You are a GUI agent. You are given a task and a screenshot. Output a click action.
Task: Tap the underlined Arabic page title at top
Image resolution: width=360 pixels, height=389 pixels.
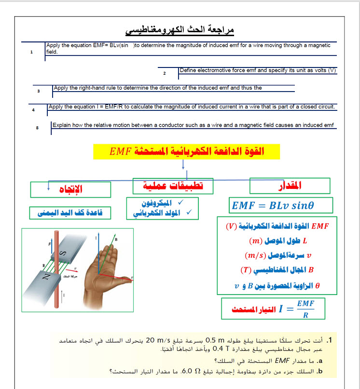coord(180,30)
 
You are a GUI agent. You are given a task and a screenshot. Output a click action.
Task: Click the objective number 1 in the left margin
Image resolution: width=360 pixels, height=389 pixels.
coord(31,52)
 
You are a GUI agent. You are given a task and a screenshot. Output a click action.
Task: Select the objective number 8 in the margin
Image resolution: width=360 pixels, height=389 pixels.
coord(37,128)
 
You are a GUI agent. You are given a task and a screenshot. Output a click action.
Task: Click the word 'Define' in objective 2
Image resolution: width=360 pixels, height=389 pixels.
coord(188,70)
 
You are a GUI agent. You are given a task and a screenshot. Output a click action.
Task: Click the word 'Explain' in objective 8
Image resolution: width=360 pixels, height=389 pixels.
coord(63,125)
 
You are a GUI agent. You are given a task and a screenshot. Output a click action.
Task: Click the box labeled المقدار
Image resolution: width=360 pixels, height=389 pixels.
coord(290,186)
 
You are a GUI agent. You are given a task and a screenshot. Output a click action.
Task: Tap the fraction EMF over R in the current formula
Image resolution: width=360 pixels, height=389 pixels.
coord(303,309)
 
